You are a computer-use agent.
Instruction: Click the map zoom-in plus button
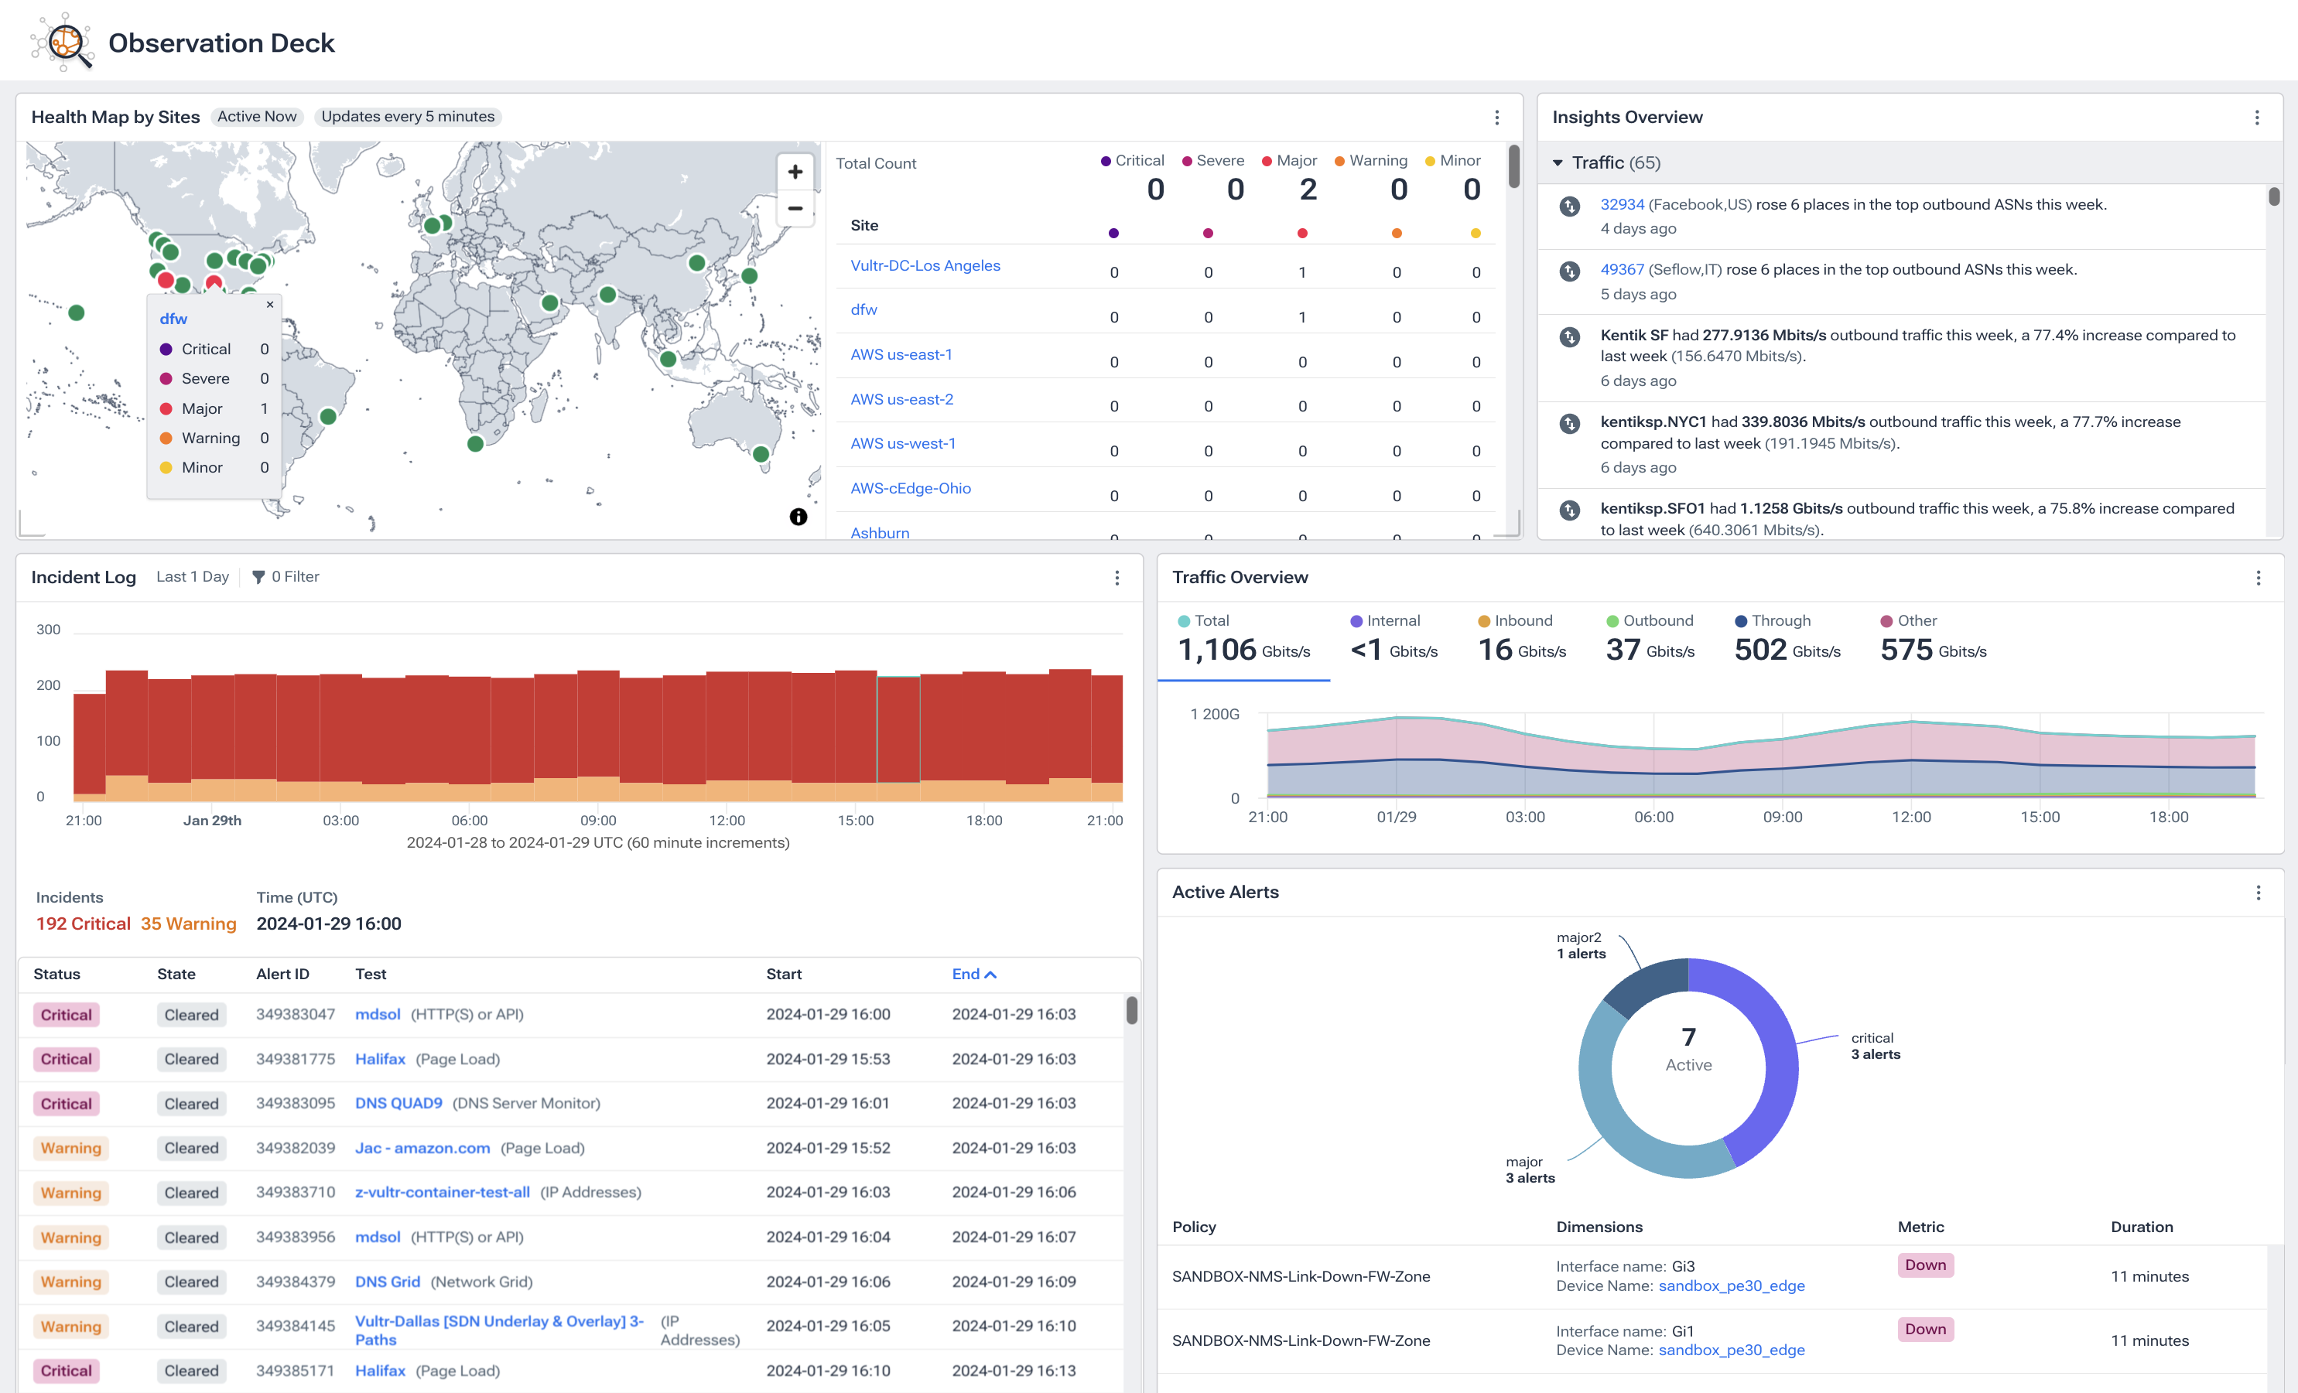(795, 172)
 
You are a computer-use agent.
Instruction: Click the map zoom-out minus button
(795, 209)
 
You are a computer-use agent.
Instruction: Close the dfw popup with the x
(269, 304)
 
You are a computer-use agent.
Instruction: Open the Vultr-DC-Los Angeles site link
(925, 266)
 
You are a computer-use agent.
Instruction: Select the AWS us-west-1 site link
(902, 444)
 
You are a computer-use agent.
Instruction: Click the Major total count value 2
(1308, 190)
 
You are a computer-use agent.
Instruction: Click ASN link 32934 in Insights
(1621, 204)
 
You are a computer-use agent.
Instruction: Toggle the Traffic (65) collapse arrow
(1558, 163)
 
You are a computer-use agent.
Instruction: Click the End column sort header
(973, 975)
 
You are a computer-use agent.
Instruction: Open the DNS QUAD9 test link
(398, 1103)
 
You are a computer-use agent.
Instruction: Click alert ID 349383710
(295, 1193)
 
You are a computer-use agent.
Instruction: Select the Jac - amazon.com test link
(422, 1148)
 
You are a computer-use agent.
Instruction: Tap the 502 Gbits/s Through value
(1785, 650)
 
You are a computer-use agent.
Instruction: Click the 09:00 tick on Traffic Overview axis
(1781, 818)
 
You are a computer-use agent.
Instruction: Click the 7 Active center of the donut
(1688, 1050)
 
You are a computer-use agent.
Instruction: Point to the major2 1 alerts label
(1580, 945)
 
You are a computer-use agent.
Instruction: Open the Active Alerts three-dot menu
(2258, 893)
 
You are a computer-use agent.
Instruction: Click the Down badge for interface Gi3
(1924, 1265)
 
